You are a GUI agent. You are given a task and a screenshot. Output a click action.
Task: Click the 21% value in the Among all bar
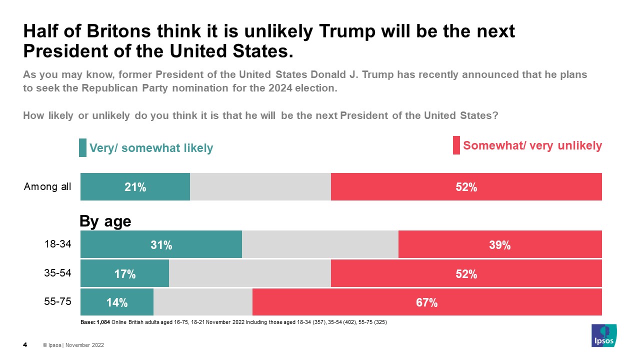[x=135, y=187]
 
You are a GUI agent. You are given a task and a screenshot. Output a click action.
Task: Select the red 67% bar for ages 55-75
[x=427, y=302]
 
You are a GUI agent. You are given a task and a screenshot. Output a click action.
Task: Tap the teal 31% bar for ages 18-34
[x=161, y=245]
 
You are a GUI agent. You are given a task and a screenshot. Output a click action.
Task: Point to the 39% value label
[x=499, y=245]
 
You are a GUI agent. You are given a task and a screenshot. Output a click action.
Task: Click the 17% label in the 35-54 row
[x=124, y=274]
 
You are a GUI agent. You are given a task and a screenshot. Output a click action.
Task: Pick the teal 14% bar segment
[x=117, y=302]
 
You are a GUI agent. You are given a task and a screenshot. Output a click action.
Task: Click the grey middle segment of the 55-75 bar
[x=202, y=302]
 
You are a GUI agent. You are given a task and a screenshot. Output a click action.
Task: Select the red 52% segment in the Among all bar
[x=466, y=187]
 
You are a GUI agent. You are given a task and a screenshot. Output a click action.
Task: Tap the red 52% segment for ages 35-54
[x=466, y=274]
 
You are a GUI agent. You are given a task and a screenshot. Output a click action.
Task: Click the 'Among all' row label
[x=47, y=187]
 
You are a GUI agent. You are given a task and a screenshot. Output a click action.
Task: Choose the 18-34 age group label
[x=58, y=244]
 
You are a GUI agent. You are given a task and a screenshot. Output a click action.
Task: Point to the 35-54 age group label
[x=58, y=273]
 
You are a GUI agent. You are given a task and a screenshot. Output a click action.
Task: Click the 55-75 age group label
[x=58, y=301]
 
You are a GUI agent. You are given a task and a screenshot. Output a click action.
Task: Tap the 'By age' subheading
[x=105, y=221]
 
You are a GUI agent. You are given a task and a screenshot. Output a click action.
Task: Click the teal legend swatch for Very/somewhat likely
[x=82, y=148]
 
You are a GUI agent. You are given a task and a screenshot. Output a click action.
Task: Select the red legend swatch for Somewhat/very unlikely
[x=456, y=145]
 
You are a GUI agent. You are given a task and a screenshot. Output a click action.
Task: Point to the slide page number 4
[x=25, y=345]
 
